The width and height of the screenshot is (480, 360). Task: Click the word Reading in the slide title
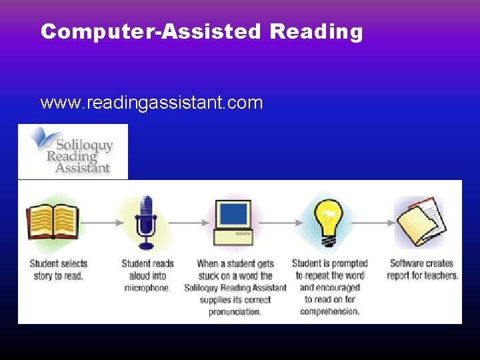(x=316, y=32)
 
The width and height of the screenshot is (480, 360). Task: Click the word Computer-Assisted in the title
(x=151, y=32)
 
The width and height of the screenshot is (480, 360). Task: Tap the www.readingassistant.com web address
(x=151, y=103)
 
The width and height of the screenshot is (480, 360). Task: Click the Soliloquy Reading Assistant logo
(x=73, y=151)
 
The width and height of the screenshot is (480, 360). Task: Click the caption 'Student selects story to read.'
(x=59, y=269)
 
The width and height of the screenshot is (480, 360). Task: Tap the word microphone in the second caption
(x=147, y=288)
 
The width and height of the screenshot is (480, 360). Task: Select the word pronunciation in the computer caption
(x=235, y=311)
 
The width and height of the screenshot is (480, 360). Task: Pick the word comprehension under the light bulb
(x=329, y=311)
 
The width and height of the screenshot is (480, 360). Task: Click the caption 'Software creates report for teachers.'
(x=423, y=269)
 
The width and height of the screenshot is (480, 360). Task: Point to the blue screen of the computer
(x=234, y=214)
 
